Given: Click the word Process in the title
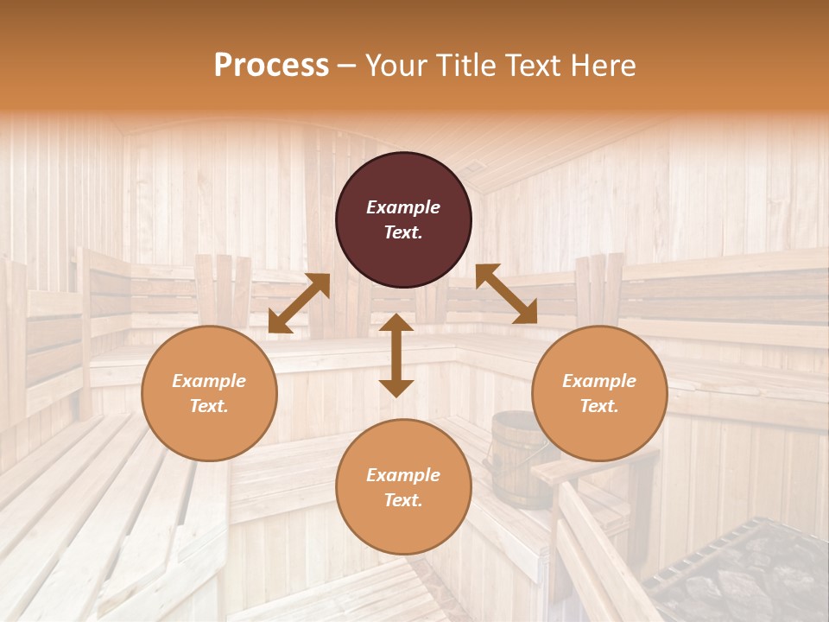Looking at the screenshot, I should [x=271, y=66].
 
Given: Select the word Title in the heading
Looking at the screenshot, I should [x=470, y=66].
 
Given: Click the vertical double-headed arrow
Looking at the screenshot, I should [x=396, y=355].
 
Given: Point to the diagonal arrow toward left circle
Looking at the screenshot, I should [x=299, y=303].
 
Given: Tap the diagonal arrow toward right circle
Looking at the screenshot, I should [x=506, y=294].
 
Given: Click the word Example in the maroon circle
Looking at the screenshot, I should [x=403, y=207].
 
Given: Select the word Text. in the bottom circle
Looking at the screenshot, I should [x=403, y=500].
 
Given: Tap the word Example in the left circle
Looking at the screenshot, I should [x=209, y=381].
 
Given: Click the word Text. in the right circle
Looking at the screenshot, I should [x=599, y=406].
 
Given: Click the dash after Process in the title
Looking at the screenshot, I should [x=347, y=66].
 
